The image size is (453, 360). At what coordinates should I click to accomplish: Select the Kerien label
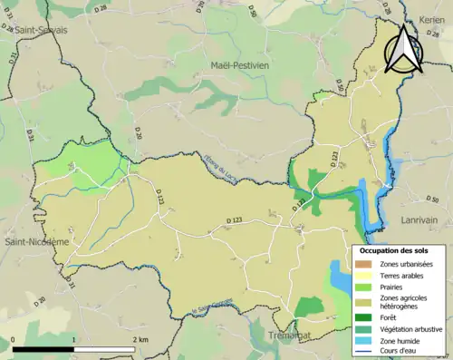(432, 18)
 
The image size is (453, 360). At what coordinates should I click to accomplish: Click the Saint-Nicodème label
(36, 242)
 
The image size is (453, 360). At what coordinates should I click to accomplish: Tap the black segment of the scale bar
(43, 349)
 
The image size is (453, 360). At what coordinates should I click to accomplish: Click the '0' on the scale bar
(14, 338)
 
